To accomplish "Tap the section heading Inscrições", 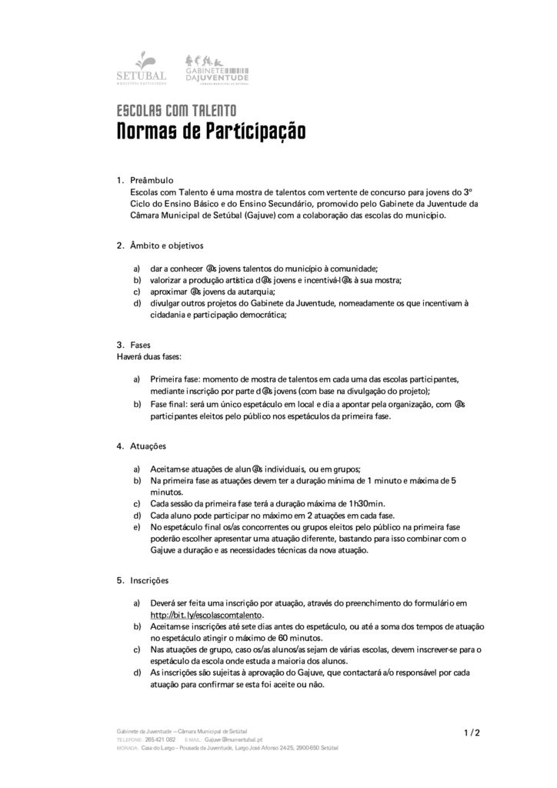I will [149, 579].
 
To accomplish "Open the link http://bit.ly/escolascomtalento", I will [206, 616].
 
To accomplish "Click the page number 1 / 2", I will [472, 732].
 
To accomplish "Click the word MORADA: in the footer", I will [128, 746].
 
